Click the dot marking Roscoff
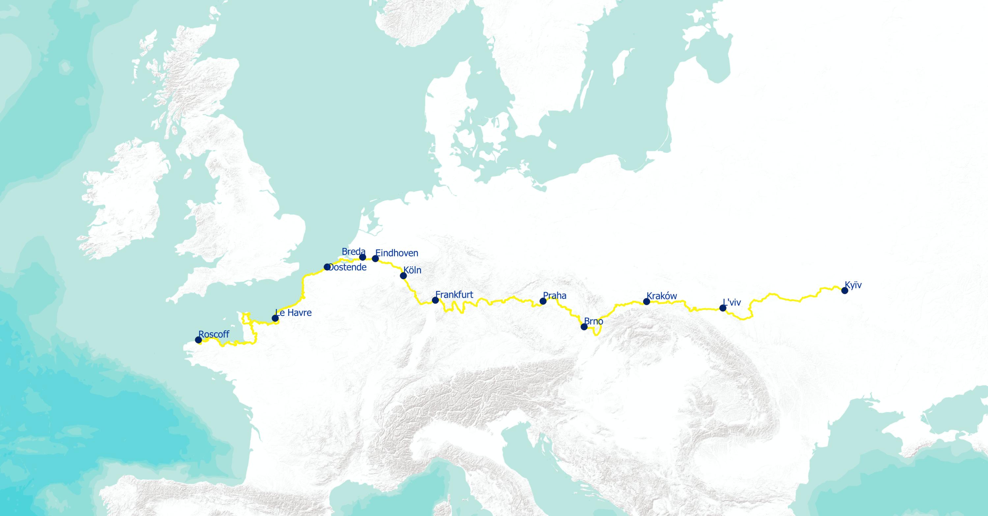pos(198,340)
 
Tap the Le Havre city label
pos(294,313)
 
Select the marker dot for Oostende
pos(327,267)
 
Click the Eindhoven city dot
pos(375,259)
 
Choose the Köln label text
pos(412,270)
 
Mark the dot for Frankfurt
pos(435,300)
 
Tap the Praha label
pos(555,296)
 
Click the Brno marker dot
pos(584,327)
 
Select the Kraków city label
pos(662,296)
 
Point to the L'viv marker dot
pos(723,308)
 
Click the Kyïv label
pos(853,285)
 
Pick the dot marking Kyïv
pos(844,291)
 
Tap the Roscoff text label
pos(214,334)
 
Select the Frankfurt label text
pos(454,295)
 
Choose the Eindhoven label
pos(397,253)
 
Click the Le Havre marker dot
pos(275,318)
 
